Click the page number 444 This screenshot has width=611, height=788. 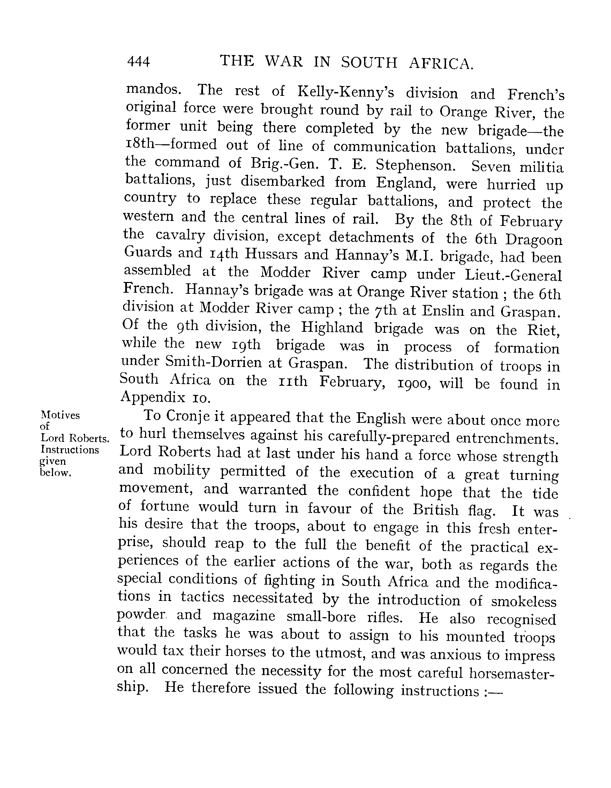point(138,62)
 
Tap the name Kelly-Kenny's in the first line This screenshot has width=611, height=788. point(345,92)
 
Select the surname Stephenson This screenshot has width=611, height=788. point(414,165)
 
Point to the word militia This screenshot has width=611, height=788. point(541,167)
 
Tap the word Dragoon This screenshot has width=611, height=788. point(534,239)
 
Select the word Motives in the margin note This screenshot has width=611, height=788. point(60,415)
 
